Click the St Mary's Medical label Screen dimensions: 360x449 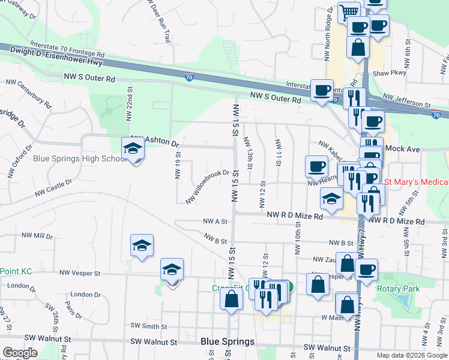pos(416,182)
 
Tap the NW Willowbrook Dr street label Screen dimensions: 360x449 pos(208,187)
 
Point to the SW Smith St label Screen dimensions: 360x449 pos(148,326)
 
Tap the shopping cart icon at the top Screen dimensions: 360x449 pos(349,11)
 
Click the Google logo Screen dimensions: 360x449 pos(20,353)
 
